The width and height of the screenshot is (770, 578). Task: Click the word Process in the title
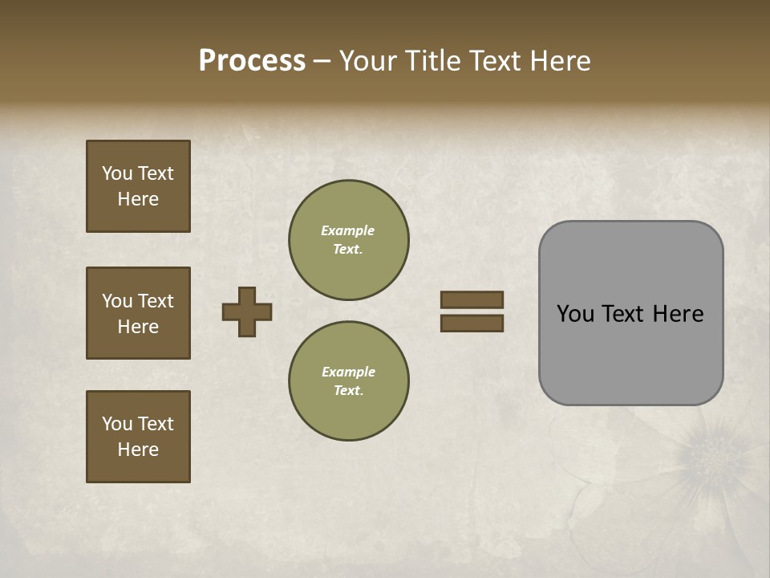tap(252, 61)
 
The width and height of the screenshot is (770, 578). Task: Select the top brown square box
tap(138, 186)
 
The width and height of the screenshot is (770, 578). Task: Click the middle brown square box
tap(138, 313)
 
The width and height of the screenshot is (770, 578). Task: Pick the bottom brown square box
tap(138, 437)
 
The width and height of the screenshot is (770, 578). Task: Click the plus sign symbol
tap(247, 311)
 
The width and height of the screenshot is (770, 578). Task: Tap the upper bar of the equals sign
tap(472, 299)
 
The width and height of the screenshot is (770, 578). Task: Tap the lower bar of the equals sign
tap(472, 324)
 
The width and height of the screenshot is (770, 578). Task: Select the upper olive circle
tap(348, 239)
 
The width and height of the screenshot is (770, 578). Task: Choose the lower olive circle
tap(348, 381)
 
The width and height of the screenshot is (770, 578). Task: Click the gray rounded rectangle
tap(630, 313)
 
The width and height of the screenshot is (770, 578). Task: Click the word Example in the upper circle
tap(348, 230)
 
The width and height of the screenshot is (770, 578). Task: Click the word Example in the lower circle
tap(348, 372)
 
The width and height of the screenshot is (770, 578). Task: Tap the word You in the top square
tap(116, 173)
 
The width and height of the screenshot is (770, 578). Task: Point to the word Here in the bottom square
tap(138, 450)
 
